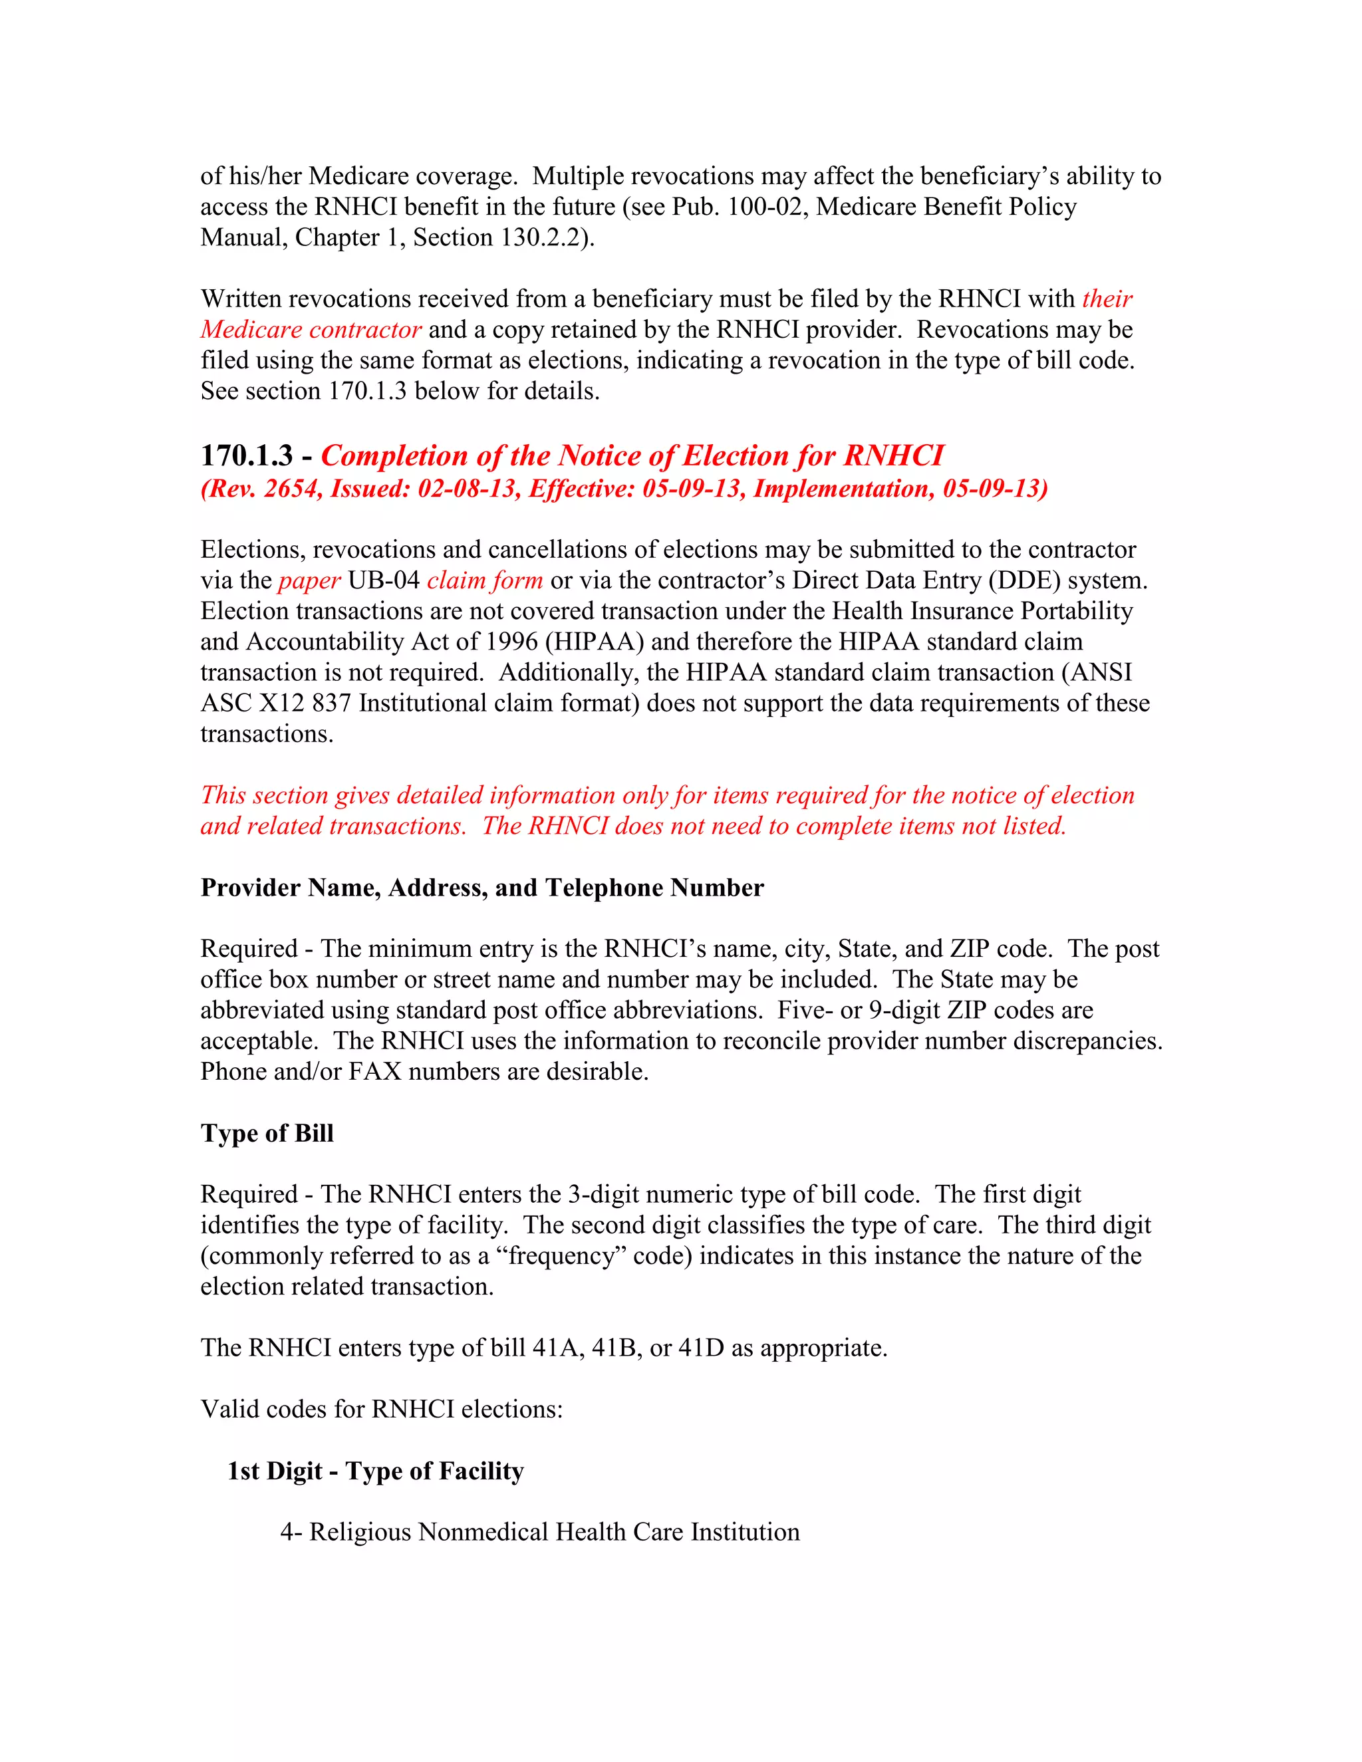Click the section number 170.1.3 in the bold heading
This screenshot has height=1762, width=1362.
[x=246, y=456]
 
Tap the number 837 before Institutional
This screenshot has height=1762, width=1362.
[x=331, y=703]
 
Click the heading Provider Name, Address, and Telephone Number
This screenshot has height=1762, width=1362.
[x=481, y=888]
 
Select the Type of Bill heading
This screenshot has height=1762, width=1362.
[x=267, y=1133]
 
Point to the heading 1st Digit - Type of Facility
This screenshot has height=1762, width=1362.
[x=375, y=1471]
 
